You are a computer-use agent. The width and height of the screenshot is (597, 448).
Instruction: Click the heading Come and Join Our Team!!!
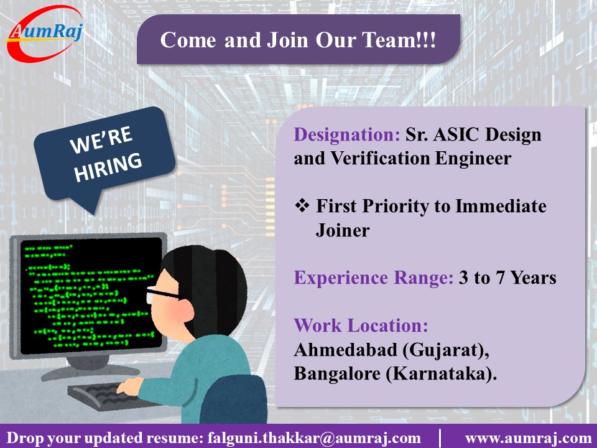pyautogui.click(x=298, y=40)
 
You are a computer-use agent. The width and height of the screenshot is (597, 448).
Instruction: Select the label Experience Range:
pyautogui.click(x=374, y=278)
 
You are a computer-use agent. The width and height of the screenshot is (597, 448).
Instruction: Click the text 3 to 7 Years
pyautogui.click(x=507, y=278)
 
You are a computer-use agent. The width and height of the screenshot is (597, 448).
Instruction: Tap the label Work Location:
pyautogui.click(x=361, y=325)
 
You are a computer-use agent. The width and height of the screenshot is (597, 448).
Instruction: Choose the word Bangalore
pyautogui.click(x=343, y=375)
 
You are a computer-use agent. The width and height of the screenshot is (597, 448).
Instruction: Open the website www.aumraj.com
pyautogui.click(x=528, y=437)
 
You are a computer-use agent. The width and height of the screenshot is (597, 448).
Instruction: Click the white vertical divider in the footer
pyautogui.click(x=440, y=437)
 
